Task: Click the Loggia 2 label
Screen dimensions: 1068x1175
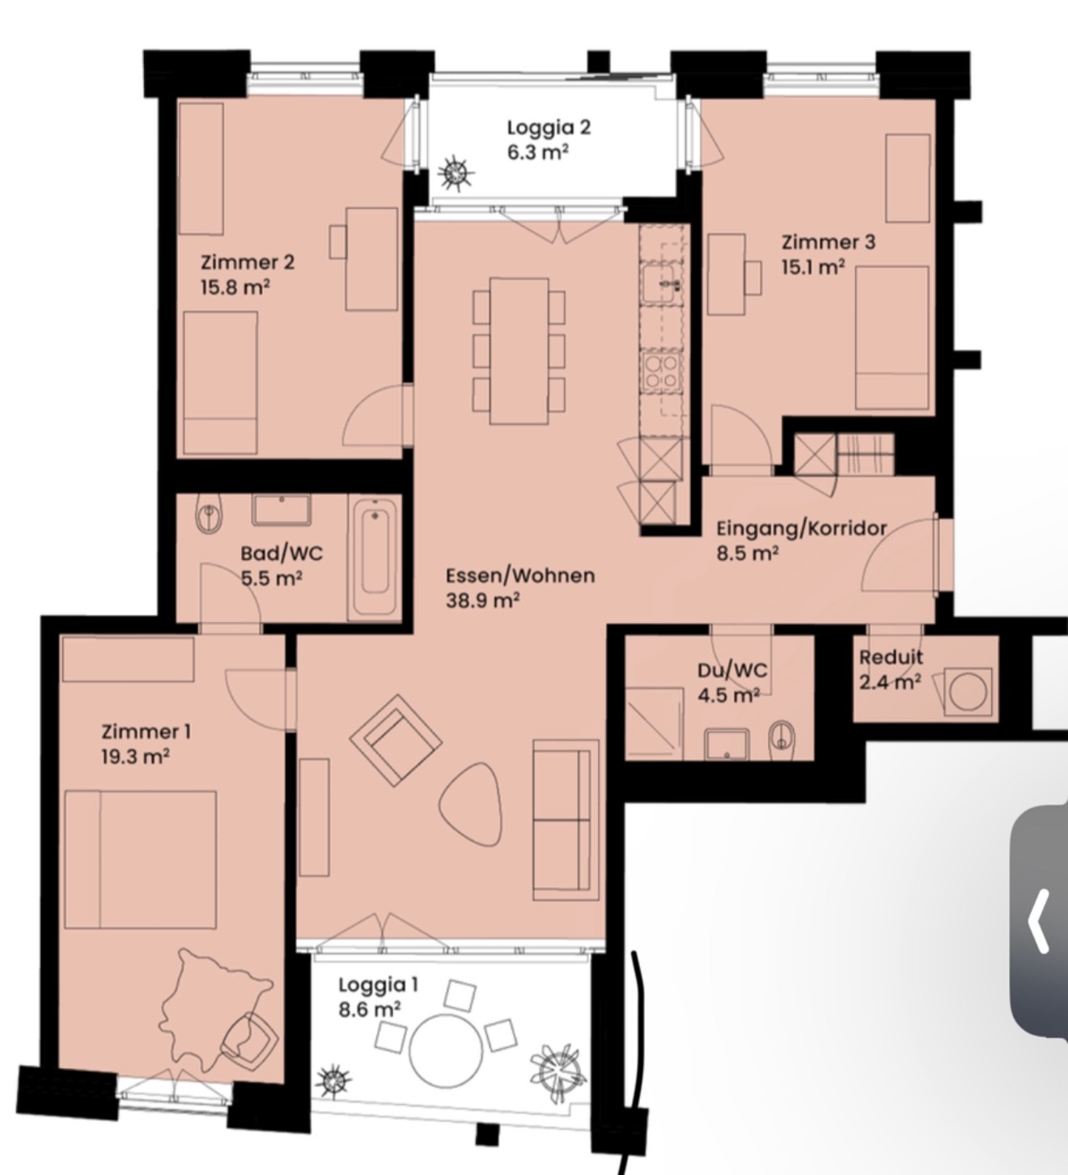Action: click(x=549, y=128)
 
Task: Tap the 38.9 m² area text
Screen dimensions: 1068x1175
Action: click(x=483, y=600)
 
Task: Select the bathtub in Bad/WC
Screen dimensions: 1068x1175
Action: click(x=375, y=557)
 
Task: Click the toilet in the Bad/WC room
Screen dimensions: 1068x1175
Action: click(x=209, y=512)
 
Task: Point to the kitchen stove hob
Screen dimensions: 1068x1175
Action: click(x=662, y=371)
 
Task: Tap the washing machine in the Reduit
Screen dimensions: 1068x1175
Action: click(x=967, y=692)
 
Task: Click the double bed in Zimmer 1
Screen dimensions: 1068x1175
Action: click(x=141, y=859)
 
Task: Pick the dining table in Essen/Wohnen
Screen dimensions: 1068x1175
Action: click(x=519, y=350)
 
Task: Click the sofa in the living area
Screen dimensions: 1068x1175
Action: click(x=566, y=820)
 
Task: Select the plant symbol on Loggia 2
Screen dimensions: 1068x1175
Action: click(x=456, y=173)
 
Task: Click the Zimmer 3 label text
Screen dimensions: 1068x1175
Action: click(x=829, y=241)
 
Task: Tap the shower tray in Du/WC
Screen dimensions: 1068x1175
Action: click(x=655, y=723)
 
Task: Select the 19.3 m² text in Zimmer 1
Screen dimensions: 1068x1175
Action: click(x=136, y=757)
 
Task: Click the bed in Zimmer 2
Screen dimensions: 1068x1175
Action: click(x=220, y=383)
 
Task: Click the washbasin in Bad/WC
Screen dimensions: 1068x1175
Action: click(x=282, y=510)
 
